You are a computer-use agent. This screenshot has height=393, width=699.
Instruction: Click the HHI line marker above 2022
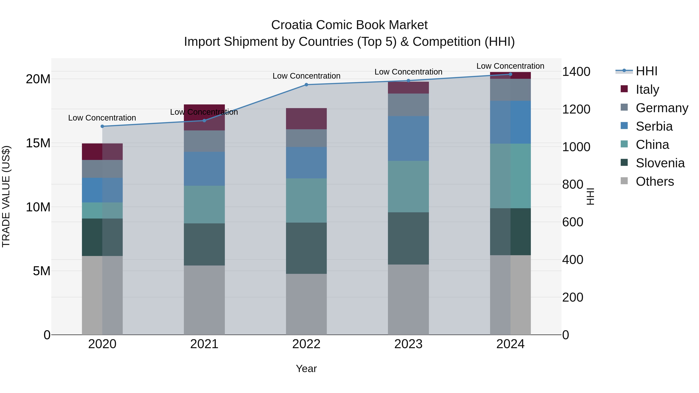click(x=306, y=85)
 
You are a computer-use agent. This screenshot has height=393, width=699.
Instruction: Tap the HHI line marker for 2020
click(x=102, y=126)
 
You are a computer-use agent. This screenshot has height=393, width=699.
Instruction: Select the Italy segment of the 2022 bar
click(x=306, y=119)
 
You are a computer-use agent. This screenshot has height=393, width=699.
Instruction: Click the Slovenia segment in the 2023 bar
click(x=408, y=238)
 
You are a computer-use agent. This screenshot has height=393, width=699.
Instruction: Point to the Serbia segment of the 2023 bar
click(x=408, y=138)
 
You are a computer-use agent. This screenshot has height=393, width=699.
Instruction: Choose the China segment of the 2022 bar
click(x=306, y=200)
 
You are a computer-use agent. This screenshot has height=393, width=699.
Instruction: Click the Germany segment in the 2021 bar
click(x=204, y=141)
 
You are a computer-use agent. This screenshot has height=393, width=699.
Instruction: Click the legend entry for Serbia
click(x=654, y=126)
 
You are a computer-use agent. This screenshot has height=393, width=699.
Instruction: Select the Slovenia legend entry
click(x=660, y=163)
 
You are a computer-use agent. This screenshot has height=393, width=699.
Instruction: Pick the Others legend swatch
click(x=624, y=181)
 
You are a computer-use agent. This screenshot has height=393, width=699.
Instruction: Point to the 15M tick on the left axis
click(x=38, y=143)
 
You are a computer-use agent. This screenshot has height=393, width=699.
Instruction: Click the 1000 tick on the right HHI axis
click(x=576, y=147)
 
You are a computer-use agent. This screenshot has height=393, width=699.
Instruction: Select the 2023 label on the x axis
click(x=408, y=344)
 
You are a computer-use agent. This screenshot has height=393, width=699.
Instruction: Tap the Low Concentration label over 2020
click(x=102, y=118)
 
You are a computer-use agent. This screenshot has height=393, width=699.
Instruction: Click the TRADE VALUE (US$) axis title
click(x=6, y=196)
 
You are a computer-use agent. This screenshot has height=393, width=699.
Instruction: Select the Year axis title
click(x=306, y=369)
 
